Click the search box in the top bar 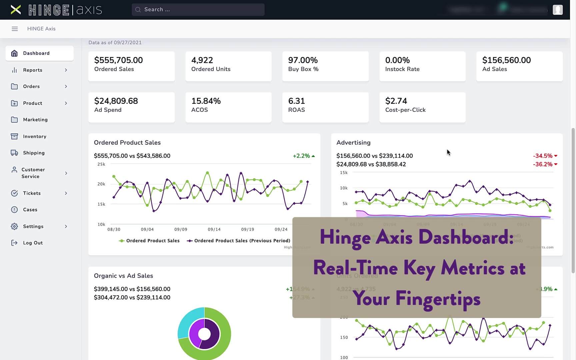tap(198, 10)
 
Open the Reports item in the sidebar tap(33, 70)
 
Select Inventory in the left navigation tap(35, 136)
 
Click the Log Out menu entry tap(33, 243)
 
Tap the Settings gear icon tap(14, 226)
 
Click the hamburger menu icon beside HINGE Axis tap(15, 29)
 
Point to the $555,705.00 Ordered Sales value tap(118, 60)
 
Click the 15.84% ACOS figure tap(206, 101)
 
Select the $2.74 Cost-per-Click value tap(396, 101)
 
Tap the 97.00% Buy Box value tap(303, 60)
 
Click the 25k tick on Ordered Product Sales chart tap(101, 164)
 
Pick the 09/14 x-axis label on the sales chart tap(214, 229)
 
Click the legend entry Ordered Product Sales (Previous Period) tap(242, 241)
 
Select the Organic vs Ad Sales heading tap(123, 276)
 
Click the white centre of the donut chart tap(204, 334)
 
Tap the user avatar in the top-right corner tap(557, 10)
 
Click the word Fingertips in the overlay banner tap(438, 299)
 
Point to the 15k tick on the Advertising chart tap(344, 173)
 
